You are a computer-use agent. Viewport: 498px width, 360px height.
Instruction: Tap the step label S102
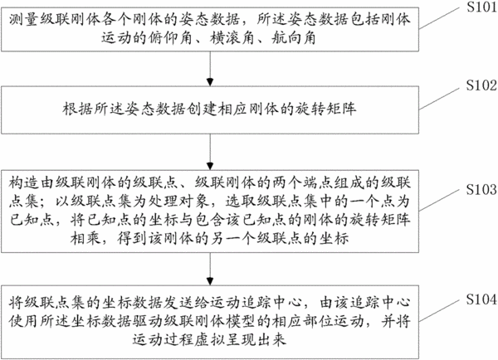click(x=481, y=85)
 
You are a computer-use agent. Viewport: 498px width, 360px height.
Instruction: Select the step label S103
click(x=481, y=189)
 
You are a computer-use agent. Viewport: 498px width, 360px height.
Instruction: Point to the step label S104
click(x=481, y=299)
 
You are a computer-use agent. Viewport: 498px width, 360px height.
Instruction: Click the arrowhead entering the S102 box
click(x=210, y=82)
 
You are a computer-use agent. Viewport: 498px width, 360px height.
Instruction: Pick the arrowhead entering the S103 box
click(x=210, y=166)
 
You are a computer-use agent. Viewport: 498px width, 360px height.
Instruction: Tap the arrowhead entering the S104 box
click(x=210, y=281)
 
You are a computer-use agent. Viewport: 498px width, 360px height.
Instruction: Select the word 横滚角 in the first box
click(x=232, y=38)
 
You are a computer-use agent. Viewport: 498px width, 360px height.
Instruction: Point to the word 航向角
click(x=294, y=38)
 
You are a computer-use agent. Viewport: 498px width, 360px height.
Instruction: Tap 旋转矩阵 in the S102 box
click(x=325, y=109)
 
